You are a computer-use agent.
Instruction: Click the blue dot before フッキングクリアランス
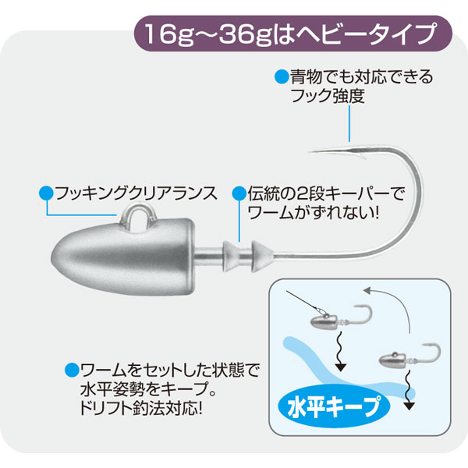tap(44, 190)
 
